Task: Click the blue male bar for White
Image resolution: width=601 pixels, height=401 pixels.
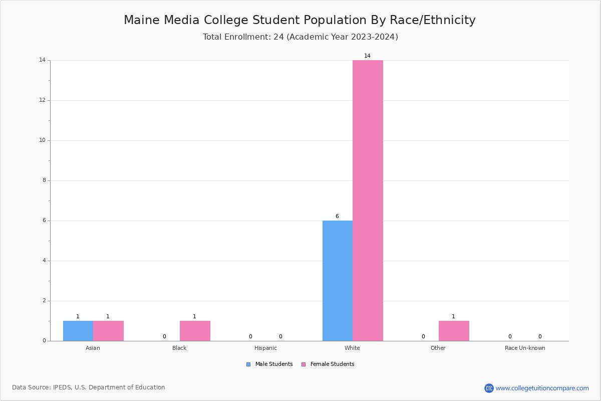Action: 338,281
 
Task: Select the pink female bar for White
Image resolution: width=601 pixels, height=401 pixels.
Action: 368,200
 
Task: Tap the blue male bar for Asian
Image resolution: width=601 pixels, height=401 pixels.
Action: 78,331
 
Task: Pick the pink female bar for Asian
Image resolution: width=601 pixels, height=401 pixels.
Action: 108,331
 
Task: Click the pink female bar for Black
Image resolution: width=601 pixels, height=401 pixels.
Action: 195,331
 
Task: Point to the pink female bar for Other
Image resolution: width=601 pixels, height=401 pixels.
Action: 454,331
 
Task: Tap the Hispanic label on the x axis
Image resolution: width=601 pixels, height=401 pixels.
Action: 265,348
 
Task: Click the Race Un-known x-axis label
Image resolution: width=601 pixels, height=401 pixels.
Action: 525,348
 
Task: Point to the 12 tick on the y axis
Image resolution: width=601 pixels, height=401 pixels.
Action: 43,100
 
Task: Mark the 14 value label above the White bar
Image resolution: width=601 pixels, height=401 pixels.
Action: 367,56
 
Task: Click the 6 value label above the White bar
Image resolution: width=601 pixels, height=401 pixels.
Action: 337,217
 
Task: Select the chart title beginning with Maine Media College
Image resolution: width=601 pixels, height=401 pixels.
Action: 299,20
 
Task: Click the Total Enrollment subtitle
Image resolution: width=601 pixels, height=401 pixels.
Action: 300,37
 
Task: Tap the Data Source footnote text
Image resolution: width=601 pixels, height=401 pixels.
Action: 89,387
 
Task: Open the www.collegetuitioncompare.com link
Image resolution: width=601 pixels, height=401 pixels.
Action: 542,388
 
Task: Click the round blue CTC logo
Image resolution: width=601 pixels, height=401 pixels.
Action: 489,388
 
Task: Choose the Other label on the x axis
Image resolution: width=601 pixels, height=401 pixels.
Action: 438,348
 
